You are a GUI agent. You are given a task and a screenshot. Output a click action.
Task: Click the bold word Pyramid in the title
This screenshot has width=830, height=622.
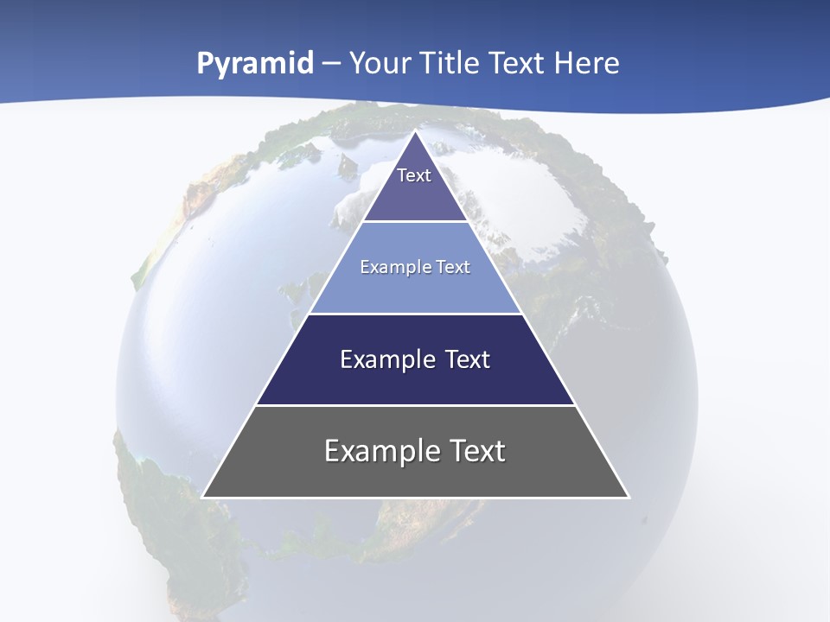point(254,64)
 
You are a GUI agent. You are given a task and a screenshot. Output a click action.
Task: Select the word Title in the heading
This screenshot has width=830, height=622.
point(450,64)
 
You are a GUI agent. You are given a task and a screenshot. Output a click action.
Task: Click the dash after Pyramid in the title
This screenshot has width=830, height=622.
point(331,64)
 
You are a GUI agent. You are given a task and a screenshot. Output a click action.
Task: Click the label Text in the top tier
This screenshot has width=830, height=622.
point(414,175)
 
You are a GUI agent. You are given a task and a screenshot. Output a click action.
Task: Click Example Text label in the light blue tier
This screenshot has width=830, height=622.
point(415,267)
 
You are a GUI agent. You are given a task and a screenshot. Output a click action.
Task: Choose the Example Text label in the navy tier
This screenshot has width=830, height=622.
point(415,359)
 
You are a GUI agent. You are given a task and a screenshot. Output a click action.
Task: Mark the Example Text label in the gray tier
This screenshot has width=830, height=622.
point(415,451)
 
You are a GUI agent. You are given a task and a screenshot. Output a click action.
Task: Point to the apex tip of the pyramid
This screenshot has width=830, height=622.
point(416,133)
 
